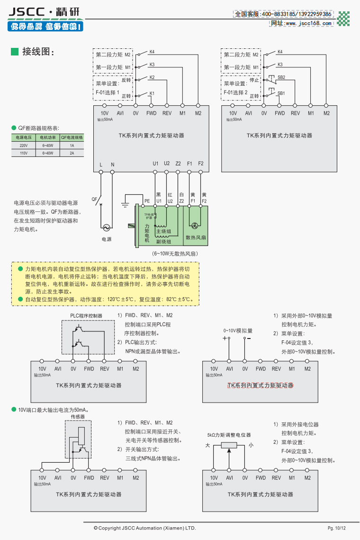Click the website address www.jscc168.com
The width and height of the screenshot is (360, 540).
[301, 23]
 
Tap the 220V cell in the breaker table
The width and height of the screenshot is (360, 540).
[23, 146]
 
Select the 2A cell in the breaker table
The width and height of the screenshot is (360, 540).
[72, 153]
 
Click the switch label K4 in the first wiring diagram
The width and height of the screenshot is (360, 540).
[152, 51]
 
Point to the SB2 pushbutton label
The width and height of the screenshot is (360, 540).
[281, 77]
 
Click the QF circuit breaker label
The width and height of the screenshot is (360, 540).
[94, 199]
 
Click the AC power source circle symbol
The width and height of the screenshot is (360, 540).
[107, 228]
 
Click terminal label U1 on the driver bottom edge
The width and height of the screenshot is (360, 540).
[155, 164]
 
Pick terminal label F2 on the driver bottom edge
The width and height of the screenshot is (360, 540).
[201, 164]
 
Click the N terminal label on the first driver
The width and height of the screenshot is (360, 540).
[112, 165]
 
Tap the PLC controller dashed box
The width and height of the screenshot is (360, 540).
[88, 337]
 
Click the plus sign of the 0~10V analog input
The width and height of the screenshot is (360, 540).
[225, 338]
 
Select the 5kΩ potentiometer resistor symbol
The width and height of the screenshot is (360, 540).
[230, 445]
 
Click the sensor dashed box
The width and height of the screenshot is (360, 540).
[78, 439]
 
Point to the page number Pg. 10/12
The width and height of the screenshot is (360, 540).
[337, 528]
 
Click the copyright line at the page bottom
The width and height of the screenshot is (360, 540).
[144, 528]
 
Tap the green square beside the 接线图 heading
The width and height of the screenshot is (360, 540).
[14, 51]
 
